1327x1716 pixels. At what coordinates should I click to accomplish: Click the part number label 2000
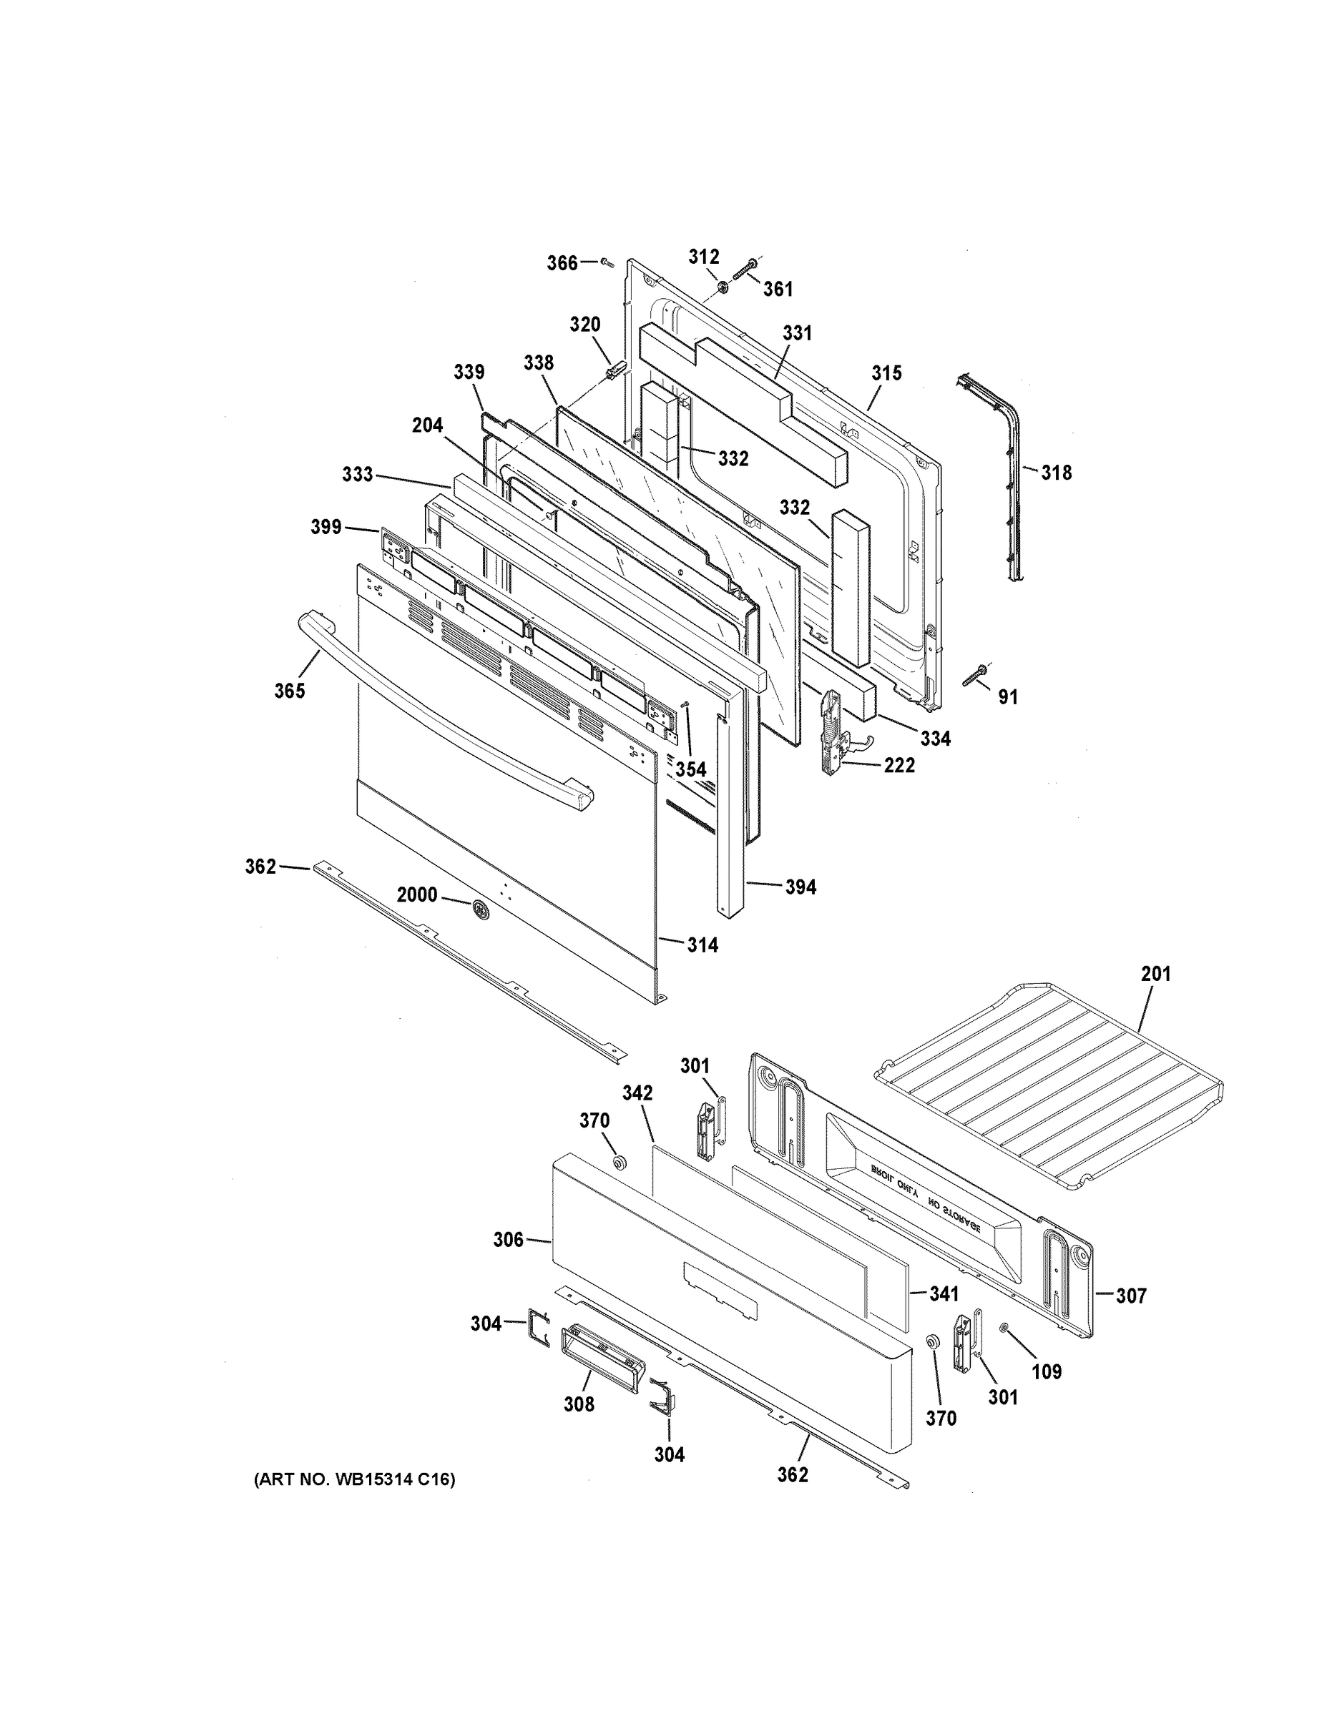(416, 895)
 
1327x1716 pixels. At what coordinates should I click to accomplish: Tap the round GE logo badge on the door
(479, 910)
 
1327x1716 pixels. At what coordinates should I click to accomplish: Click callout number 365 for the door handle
(289, 691)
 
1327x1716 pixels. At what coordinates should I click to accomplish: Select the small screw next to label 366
(606, 263)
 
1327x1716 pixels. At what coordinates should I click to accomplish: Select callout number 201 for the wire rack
(1155, 974)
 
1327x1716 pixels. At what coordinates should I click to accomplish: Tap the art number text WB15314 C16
(354, 1480)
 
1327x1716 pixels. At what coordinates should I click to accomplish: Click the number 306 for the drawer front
(508, 1240)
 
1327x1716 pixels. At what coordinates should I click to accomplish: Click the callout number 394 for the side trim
(800, 887)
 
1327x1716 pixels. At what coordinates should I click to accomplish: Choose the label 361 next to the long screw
(778, 289)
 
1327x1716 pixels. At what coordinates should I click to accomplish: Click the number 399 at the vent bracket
(325, 526)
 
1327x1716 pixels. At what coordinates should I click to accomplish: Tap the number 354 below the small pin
(690, 769)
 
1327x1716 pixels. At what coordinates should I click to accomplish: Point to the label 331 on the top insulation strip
(797, 333)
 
